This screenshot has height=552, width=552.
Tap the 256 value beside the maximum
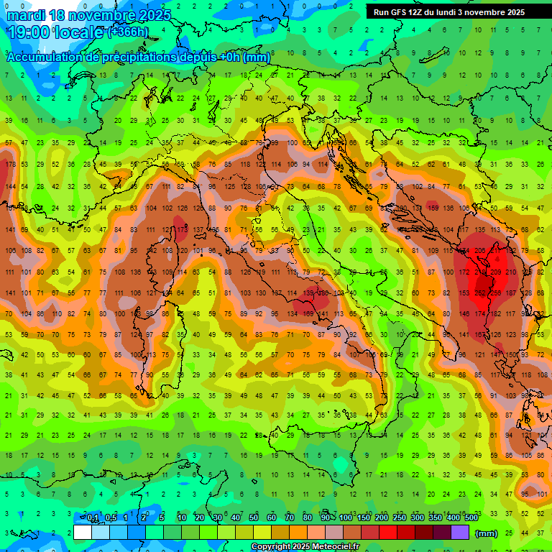pyautogui.click(x=496, y=293)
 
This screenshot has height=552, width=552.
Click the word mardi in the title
pyautogui.click(x=26, y=15)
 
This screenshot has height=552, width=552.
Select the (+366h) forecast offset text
pyautogui.click(x=129, y=32)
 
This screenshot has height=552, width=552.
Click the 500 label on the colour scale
pyautogui.click(x=471, y=518)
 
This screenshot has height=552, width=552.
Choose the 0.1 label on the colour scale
pyautogui.click(x=93, y=518)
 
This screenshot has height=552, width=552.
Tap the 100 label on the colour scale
pyautogui.click(x=346, y=518)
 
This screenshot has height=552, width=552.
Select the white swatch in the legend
pyautogui.click(x=83, y=533)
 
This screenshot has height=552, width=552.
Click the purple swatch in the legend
pyautogui.click(x=460, y=533)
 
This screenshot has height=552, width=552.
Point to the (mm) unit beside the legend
pyautogui.click(x=487, y=533)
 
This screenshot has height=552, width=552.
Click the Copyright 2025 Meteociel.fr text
pyautogui.click(x=305, y=547)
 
